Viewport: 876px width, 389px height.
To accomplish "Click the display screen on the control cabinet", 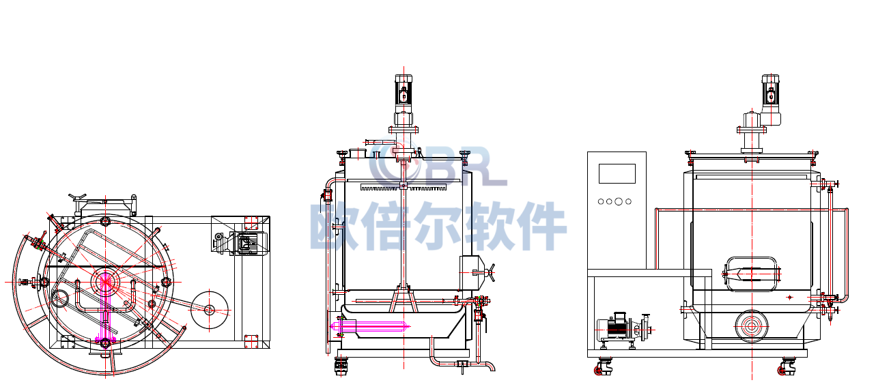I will point(617,173).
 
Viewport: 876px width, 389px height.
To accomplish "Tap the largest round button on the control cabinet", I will point(619,201).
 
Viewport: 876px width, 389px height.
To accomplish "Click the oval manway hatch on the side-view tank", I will point(752,274).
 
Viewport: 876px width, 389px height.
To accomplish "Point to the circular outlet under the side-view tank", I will point(752,326).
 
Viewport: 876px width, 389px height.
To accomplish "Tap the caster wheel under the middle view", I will point(341,368).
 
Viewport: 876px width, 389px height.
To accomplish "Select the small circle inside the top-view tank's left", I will point(60,298).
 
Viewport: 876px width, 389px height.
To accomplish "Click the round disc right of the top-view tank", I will point(210,310).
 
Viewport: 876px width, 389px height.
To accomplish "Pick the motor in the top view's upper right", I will point(244,243).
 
